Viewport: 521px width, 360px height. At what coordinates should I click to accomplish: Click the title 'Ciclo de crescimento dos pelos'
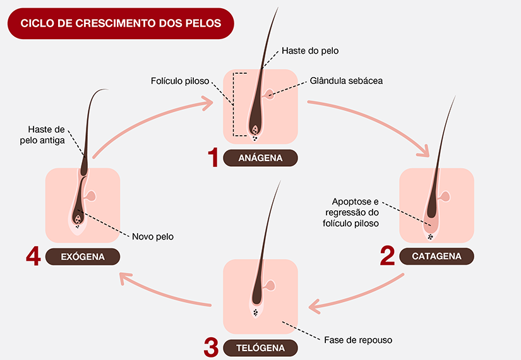121,23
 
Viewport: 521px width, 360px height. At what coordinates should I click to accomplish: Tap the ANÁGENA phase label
260,157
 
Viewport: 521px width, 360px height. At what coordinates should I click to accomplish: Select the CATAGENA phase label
436,256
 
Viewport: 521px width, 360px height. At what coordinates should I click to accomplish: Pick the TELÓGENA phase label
260,347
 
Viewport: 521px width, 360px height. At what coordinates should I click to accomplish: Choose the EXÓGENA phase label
83,256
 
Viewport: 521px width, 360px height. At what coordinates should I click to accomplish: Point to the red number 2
387,256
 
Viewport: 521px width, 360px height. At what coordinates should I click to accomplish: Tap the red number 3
212,347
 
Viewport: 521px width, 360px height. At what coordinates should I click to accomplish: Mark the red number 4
33,256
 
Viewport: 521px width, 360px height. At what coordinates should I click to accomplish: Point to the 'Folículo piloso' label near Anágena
180,81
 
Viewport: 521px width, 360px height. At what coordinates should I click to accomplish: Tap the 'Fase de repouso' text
357,340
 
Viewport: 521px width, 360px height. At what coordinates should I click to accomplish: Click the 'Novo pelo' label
153,237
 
